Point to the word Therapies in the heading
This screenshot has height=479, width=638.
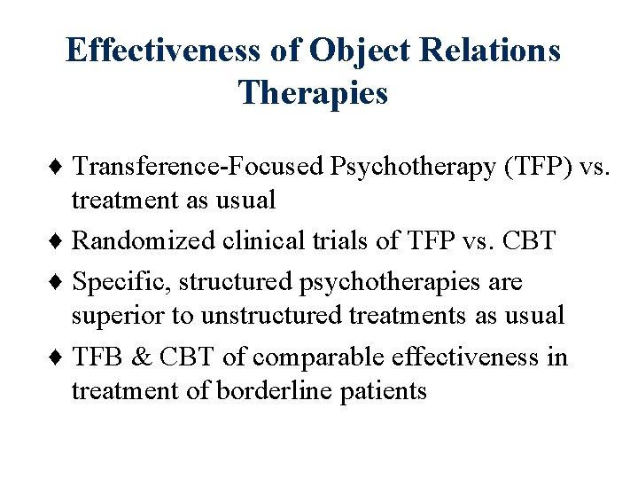(x=313, y=92)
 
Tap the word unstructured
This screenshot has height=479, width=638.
(x=274, y=315)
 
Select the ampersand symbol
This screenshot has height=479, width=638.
(x=142, y=357)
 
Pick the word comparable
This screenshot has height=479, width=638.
(x=312, y=357)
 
